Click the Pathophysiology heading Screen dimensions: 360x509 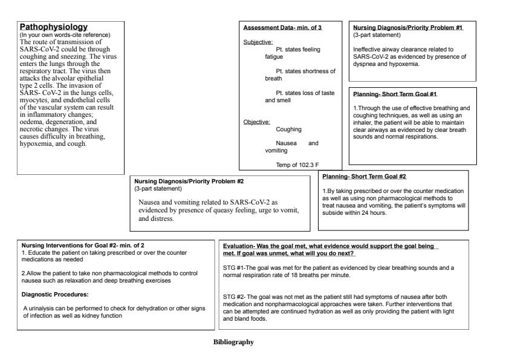coord(54,27)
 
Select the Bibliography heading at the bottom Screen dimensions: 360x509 coord(233,342)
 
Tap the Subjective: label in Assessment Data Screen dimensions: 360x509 coord(258,42)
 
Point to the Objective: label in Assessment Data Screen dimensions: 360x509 coord(256,122)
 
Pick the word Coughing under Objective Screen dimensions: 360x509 coord(289,129)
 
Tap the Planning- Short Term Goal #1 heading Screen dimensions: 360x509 coord(395,94)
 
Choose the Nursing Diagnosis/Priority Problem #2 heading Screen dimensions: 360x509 coord(189,181)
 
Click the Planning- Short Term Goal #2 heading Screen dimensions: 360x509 coord(365,177)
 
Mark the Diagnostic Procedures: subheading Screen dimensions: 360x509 coord(56,295)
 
